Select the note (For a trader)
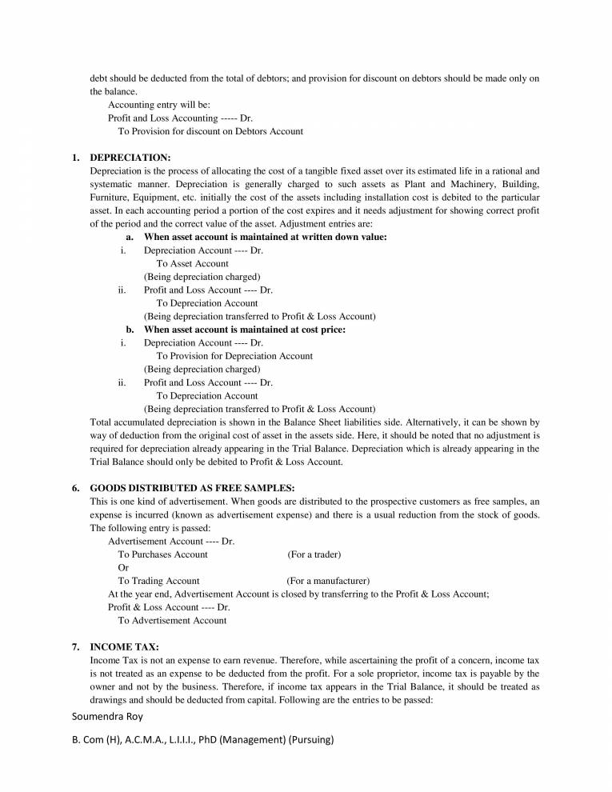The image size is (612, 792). tap(314, 554)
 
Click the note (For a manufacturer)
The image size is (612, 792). tap(328, 581)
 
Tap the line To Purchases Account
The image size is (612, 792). tap(162, 554)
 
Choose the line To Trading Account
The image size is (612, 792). tap(158, 581)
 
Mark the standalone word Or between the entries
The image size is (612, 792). tap(123, 567)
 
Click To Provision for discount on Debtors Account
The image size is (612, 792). tap(210, 131)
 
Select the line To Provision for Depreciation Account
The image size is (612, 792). tap(234, 356)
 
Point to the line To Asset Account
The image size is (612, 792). tap(192, 263)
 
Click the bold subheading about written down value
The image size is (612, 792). tap(265, 237)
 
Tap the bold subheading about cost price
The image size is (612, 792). tap(244, 330)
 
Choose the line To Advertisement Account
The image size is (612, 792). tap(172, 620)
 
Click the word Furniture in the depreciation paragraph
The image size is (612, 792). tap(110, 197)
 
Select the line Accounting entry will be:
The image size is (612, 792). tap(159, 105)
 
